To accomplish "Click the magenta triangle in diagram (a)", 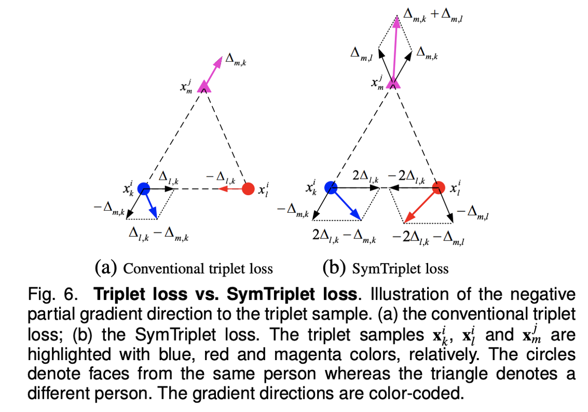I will pos(204,86).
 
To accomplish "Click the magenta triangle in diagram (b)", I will pos(393,82).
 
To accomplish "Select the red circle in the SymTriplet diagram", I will pos(438,188).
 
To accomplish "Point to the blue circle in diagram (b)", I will pos(331,188).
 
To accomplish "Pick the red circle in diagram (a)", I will pos(248,189).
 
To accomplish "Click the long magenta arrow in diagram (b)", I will pos(395,49).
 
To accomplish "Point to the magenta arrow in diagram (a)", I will pos(213,69).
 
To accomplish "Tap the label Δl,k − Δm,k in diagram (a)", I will pos(159,235).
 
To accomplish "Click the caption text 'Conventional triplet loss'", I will pos(198,269).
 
